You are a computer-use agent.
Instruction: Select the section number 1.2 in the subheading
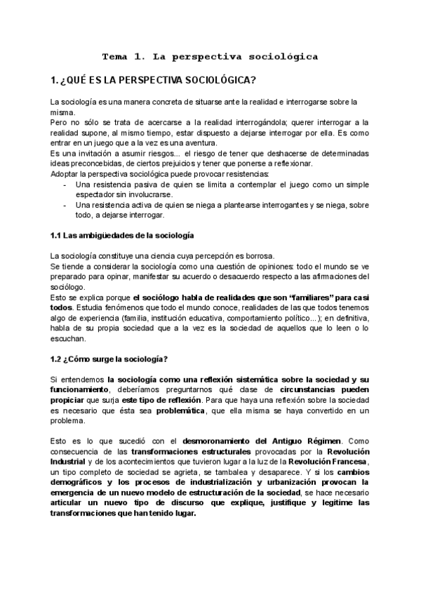[58, 359]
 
